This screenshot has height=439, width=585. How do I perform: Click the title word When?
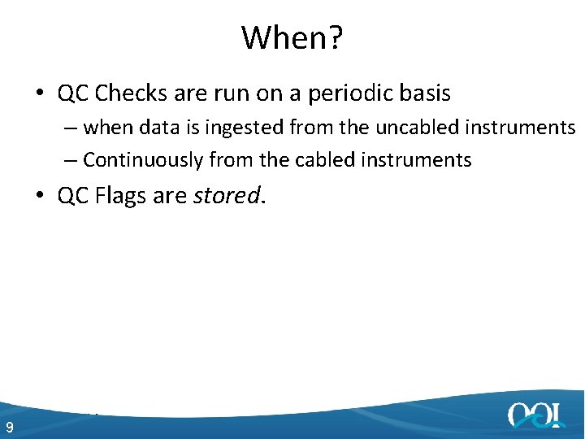[x=292, y=37]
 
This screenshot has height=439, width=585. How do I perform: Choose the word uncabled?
[x=414, y=128]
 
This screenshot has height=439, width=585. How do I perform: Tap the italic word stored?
[x=227, y=196]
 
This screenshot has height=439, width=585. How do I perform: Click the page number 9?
[x=9, y=428]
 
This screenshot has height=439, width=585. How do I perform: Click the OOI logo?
[x=535, y=415]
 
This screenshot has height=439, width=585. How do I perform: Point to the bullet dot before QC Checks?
[x=40, y=94]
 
